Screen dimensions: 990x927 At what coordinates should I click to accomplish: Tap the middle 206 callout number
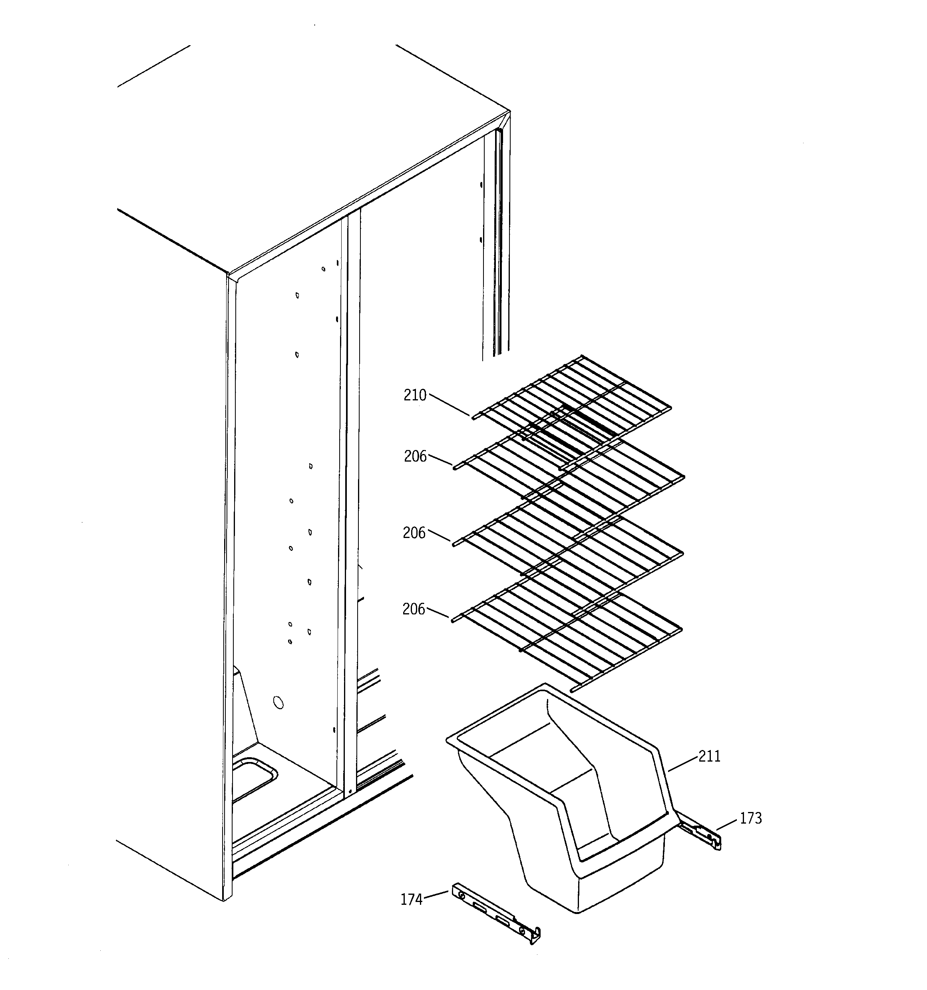point(414,533)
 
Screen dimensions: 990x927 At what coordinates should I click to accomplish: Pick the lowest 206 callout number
point(414,609)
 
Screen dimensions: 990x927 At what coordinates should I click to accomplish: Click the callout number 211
point(709,756)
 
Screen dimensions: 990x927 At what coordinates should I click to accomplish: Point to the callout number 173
point(750,818)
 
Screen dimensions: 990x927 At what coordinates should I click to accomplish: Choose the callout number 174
point(412,899)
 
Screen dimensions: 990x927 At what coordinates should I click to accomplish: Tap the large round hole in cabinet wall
point(278,703)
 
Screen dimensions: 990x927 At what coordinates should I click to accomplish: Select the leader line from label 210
point(450,404)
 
